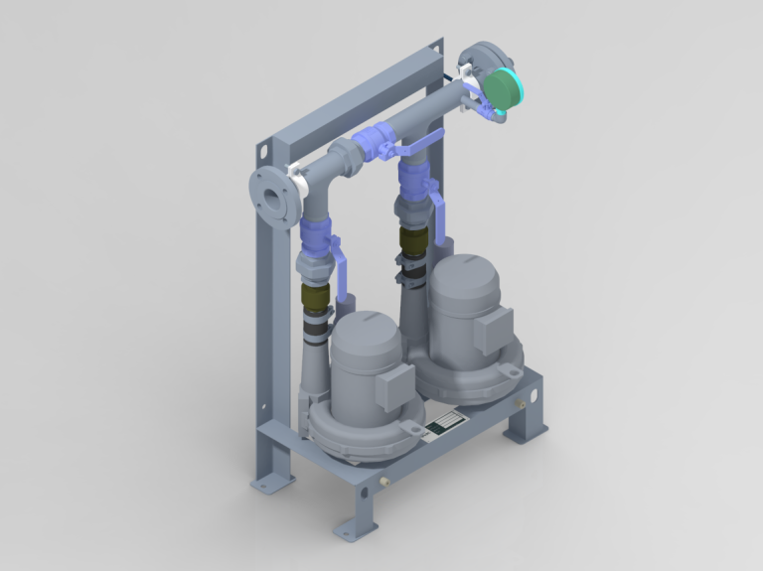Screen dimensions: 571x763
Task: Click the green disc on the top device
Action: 505,87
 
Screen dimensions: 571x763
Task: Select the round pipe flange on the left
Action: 270,196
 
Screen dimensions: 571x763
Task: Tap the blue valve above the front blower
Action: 316,239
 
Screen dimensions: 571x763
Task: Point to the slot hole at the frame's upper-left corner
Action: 264,152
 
